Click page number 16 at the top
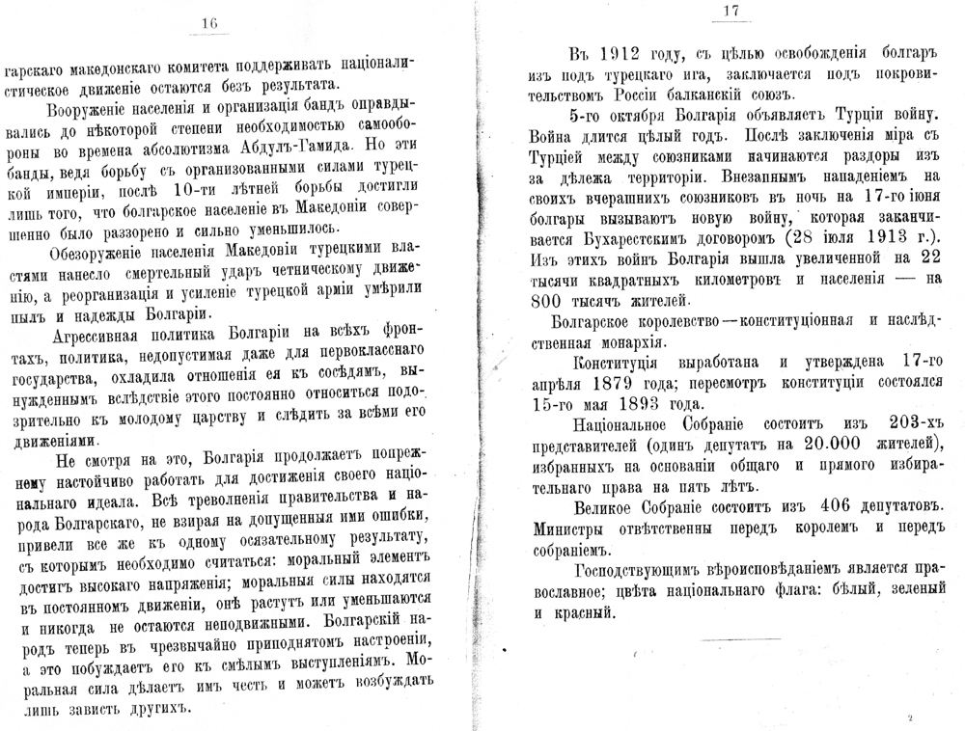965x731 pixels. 210,23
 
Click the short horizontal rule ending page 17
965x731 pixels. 741,640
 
